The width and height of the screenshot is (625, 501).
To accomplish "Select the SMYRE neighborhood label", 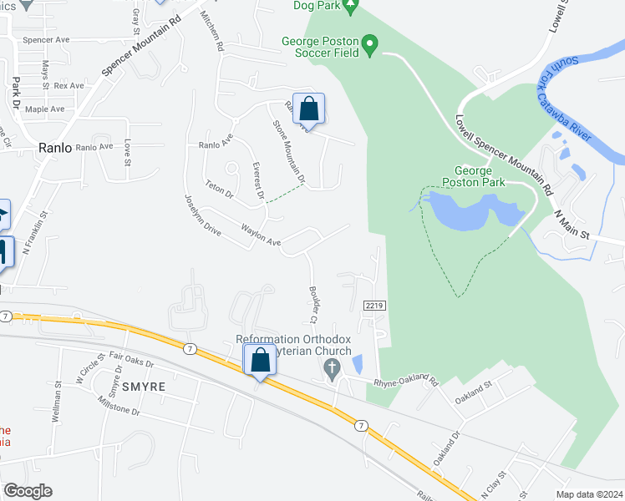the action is (145, 388).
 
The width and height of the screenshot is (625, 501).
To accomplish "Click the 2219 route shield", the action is (374, 306).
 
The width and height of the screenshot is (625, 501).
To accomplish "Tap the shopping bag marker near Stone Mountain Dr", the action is (308, 109).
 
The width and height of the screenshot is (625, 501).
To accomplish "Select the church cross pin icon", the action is (333, 370).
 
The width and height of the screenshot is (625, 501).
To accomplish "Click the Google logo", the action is (28, 491).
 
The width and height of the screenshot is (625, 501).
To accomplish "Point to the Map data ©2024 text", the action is (588, 494).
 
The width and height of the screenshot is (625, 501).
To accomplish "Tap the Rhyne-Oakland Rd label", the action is (406, 380).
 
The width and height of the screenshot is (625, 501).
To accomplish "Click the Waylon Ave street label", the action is (261, 235).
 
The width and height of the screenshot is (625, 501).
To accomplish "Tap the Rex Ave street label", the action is (69, 86).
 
